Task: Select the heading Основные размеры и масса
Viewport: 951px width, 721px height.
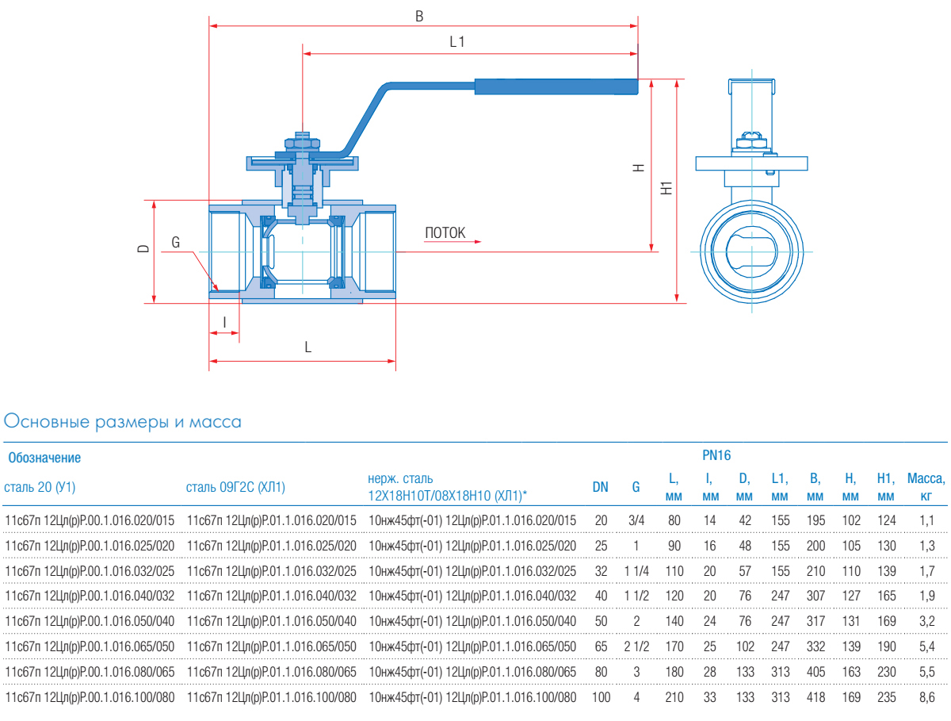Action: [x=123, y=422]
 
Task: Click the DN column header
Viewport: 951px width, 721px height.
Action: [x=601, y=487]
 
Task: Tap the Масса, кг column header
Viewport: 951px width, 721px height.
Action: [x=926, y=487]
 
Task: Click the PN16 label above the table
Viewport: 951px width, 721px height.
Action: [x=716, y=455]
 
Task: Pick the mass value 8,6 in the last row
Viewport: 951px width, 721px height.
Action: [x=926, y=698]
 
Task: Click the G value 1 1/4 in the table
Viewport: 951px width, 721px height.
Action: [x=636, y=571]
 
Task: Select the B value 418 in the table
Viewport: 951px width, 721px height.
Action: [x=815, y=698]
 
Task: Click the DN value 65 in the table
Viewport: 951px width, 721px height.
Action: [x=601, y=647]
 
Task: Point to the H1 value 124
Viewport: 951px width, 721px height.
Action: [x=886, y=520]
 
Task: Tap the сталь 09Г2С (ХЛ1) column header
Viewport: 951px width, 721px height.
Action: [x=235, y=487]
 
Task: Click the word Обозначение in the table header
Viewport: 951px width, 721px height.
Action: [x=44, y=458]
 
